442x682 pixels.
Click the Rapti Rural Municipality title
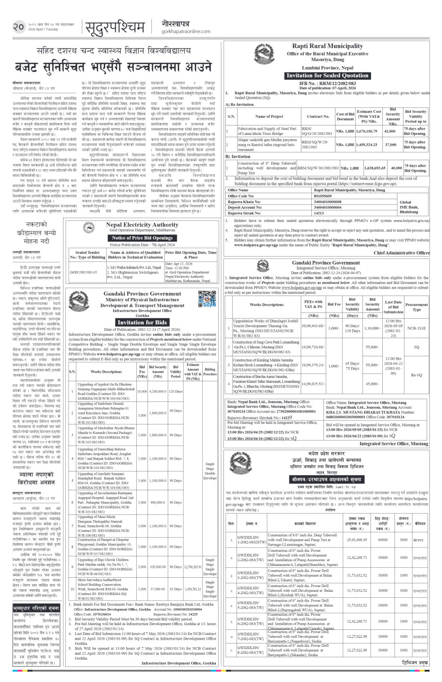tap(327, 46)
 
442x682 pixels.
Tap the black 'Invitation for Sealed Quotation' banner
tap(327, 75)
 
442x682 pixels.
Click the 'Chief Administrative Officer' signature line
tap(402, 252)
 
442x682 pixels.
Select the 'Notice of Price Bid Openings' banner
tap(142, 238)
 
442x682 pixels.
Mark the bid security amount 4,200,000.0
tap(158, 391)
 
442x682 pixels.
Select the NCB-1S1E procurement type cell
tap(417, 329)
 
